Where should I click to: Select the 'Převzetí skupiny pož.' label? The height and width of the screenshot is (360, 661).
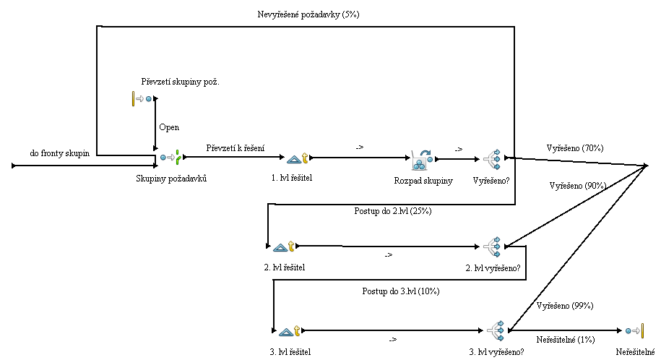tap(181, 82)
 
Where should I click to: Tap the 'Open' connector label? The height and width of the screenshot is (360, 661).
tap(169, 127)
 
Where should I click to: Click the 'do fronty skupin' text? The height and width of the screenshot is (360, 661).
tap(59, 153)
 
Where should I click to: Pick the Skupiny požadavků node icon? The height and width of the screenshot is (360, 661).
tap(171, 157)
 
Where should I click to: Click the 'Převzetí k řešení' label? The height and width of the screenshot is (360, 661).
tap(235, 148)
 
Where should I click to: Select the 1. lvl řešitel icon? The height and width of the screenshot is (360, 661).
tap(297, 158)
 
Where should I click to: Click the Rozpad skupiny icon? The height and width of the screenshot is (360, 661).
tap(421, 158)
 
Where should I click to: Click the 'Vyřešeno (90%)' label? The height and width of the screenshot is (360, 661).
tap(578, 186)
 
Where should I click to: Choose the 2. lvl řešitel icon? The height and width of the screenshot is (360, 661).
tap(284, 247)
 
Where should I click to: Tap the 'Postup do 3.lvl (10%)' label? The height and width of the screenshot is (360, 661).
tap(400, 291)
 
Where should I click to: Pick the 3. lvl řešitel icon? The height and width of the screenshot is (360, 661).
tap(289, 330)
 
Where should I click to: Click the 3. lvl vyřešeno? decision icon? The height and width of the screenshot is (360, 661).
tap(496, 330)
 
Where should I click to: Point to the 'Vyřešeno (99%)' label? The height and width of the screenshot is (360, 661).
tap(565, 306)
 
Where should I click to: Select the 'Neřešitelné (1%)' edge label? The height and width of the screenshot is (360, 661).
tap(566, 339)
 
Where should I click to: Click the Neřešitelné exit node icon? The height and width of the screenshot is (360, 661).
tap(635, 330)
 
